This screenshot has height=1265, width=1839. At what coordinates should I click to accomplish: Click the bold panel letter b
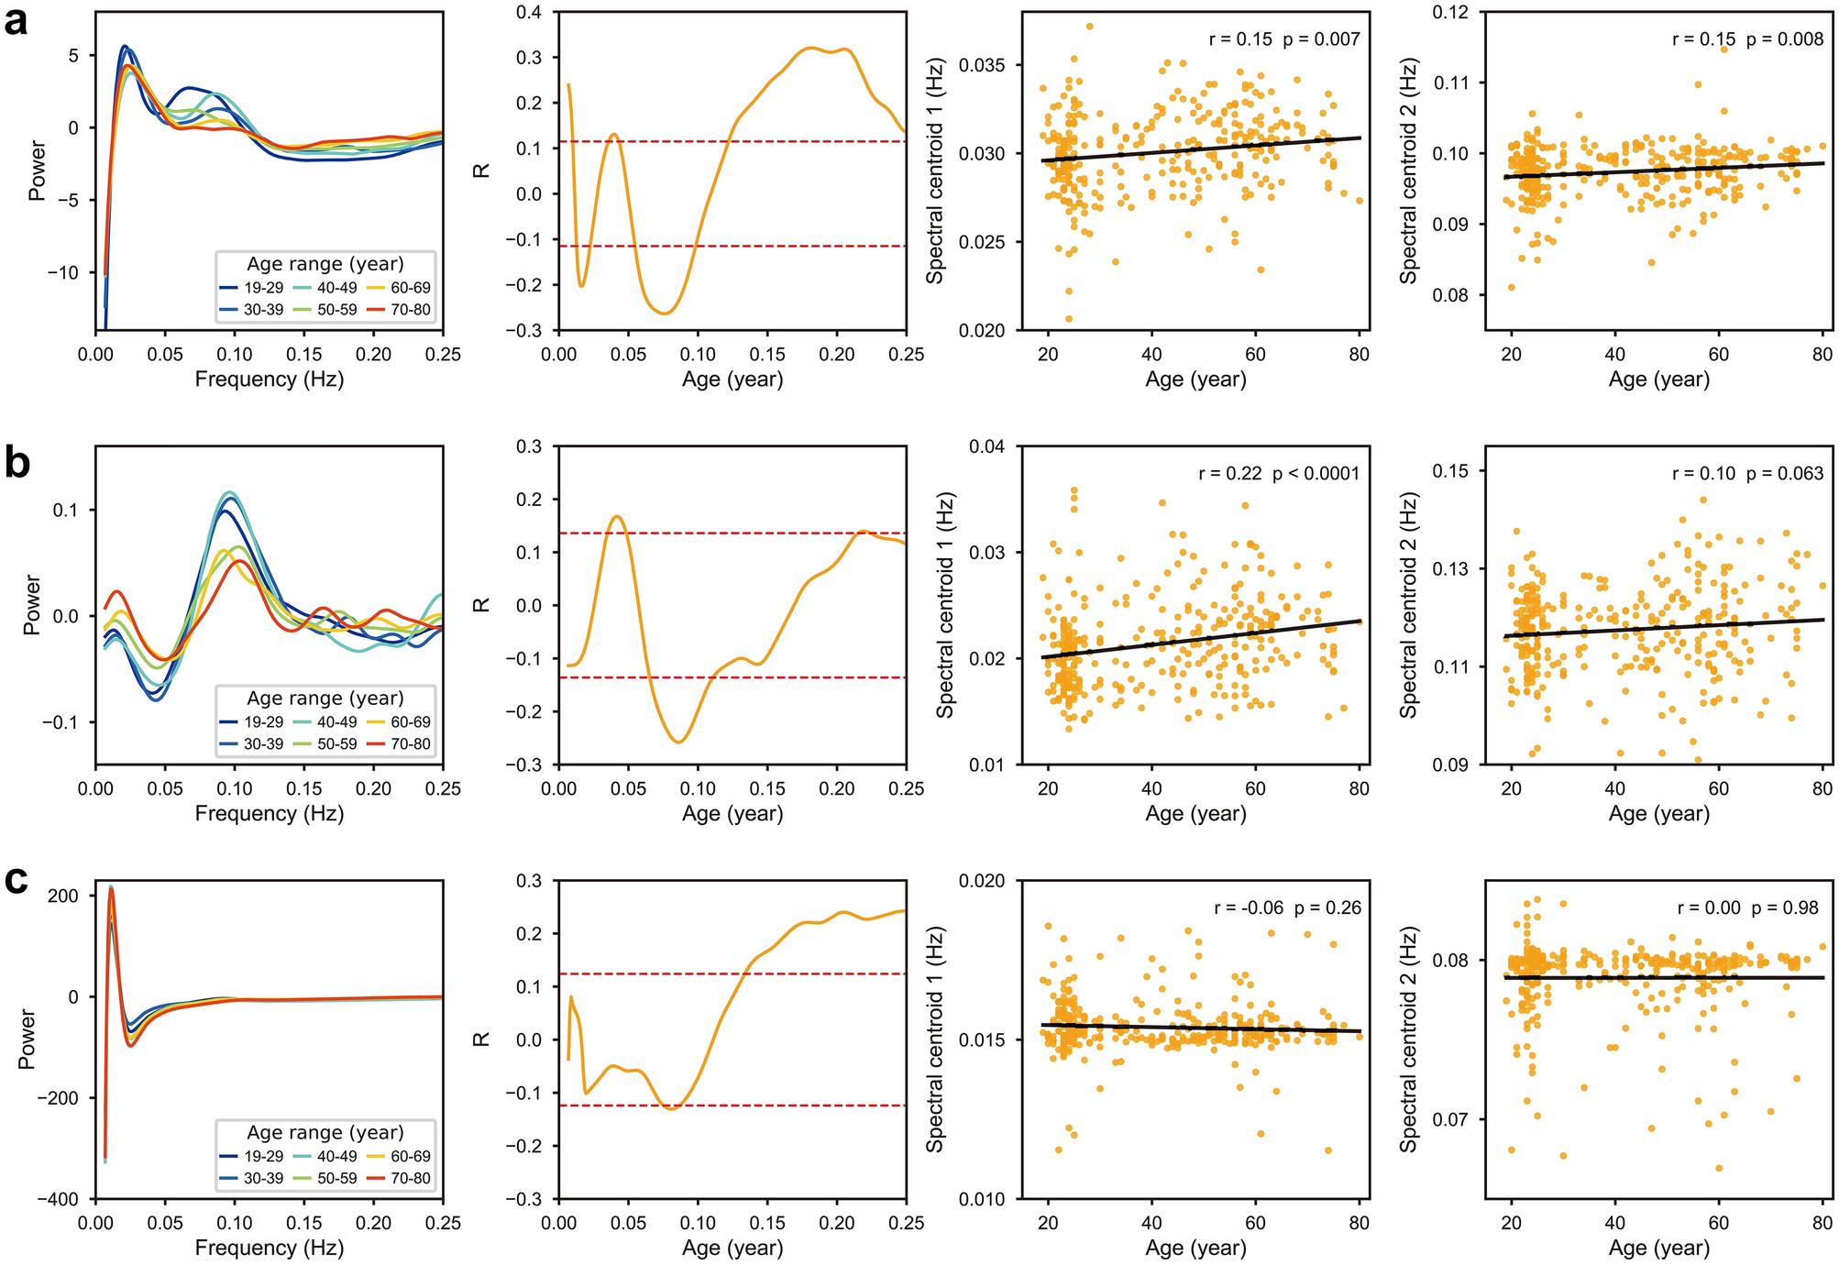[17, 464]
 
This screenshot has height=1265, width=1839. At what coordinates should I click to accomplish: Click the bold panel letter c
[16, 880]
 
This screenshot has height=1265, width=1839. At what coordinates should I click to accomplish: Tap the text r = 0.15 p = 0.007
[1284, 39]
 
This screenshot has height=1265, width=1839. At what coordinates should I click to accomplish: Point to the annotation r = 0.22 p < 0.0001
[1279, 474]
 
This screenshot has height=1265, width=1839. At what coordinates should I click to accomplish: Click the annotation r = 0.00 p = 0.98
[1747, 908]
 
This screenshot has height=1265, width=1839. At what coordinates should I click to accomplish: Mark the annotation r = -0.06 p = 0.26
[1287, 908]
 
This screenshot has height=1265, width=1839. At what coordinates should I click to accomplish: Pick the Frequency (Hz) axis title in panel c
[269, 1248]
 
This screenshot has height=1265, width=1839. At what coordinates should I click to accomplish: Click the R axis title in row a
[483, 170]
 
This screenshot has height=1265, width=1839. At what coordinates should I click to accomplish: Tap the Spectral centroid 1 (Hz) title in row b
[946, 605]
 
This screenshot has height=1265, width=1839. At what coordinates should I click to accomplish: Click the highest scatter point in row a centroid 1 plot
[1089, 26]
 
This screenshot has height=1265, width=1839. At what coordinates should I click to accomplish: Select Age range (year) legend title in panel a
[325, 264]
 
